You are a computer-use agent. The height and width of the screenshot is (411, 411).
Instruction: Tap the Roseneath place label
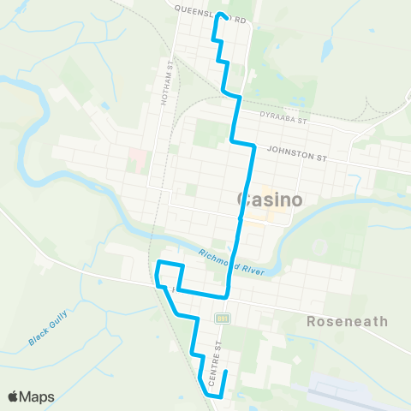tap(347, 322)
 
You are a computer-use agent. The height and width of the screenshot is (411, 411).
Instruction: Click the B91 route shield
tap(223, 318)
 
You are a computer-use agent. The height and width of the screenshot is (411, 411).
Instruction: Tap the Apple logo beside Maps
tap(15, 396)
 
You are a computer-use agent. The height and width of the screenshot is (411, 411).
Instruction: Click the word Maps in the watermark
tap(38, 396)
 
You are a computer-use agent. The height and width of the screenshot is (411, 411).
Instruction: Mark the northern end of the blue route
tap(220, 15)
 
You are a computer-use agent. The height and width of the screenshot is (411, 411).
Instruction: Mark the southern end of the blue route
tap(224, 372)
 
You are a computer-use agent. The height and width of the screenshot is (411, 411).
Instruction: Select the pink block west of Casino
tap(137, 158)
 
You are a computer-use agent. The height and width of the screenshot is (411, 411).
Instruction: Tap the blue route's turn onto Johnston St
tap(253, 146)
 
